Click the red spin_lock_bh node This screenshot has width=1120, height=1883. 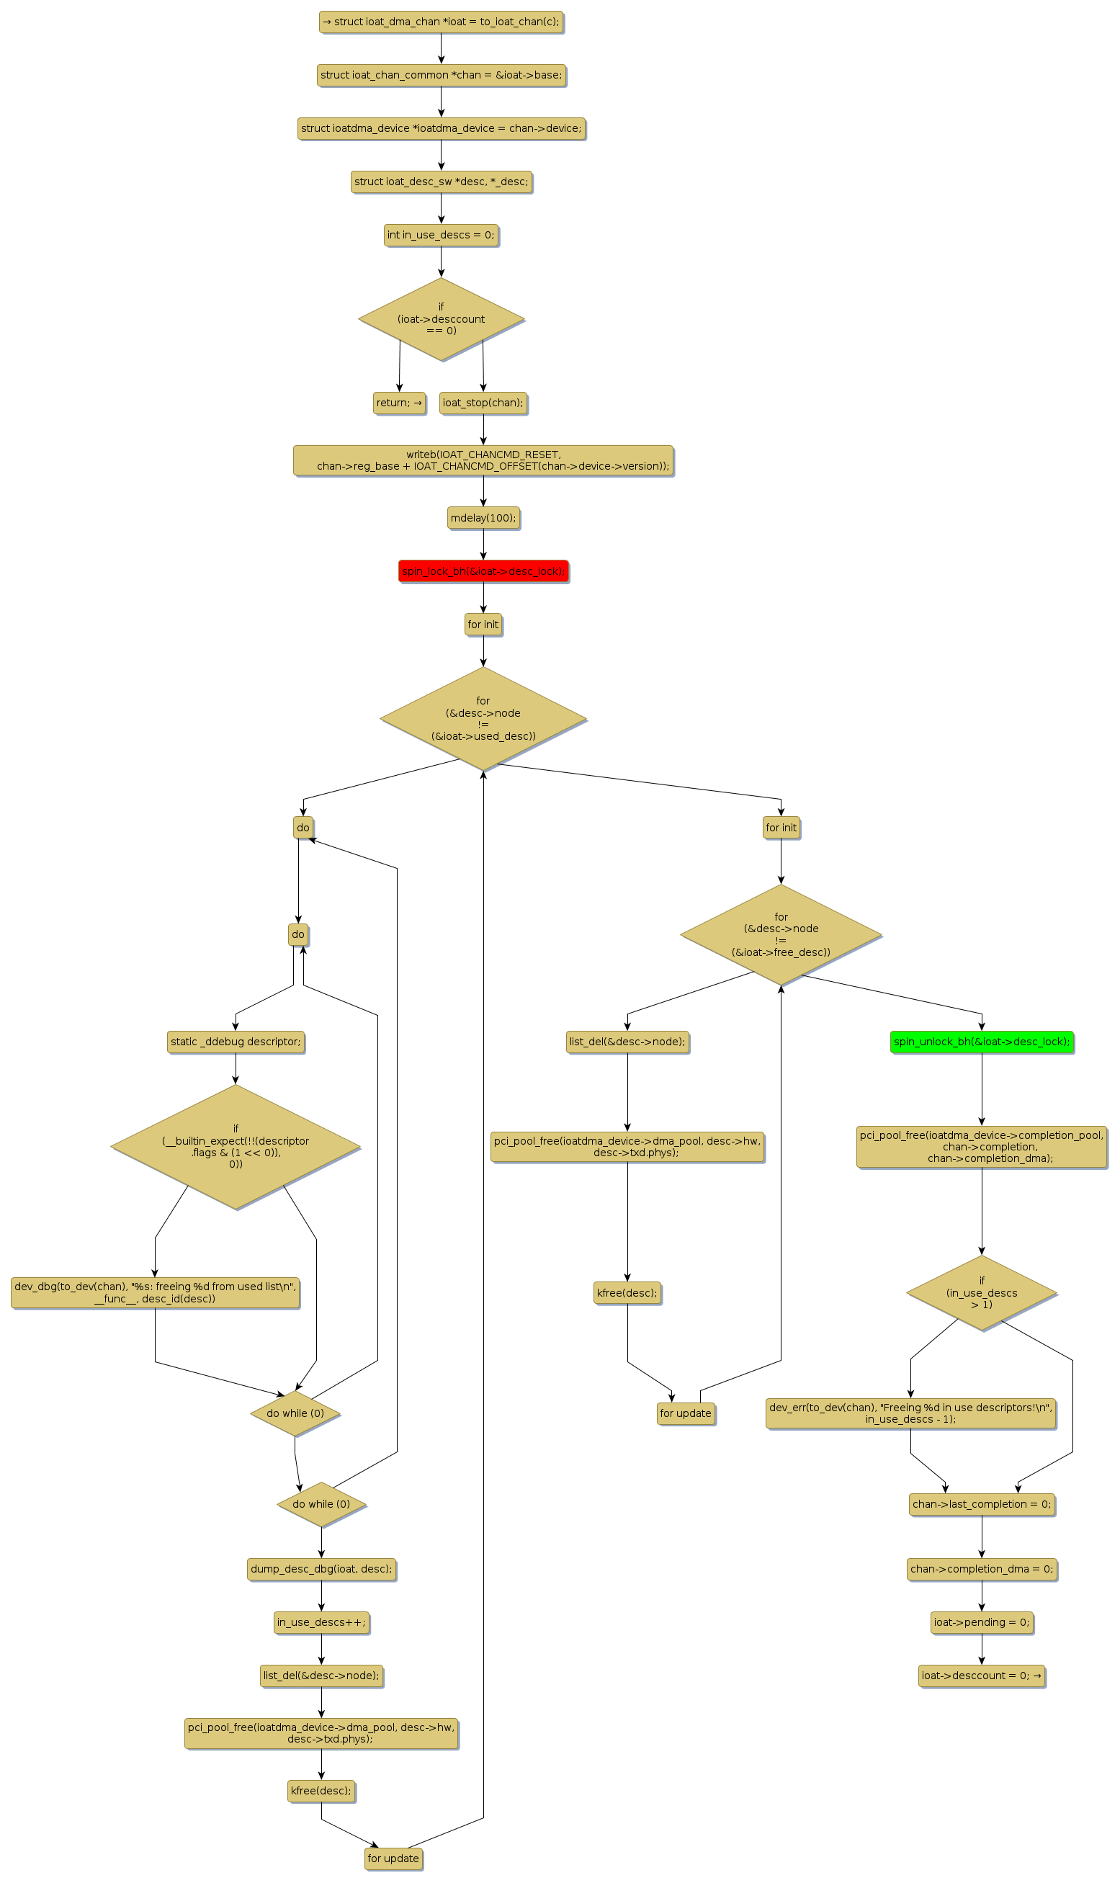483,571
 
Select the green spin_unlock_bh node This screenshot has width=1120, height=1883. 981,1042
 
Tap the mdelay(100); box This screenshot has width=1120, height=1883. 483,518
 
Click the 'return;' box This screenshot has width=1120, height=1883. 399,402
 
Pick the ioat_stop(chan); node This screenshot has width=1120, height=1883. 483,402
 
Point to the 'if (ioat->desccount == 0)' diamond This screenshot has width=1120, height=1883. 442,318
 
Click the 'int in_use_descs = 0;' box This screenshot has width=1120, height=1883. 442,235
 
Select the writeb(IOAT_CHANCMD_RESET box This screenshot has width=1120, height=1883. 483,460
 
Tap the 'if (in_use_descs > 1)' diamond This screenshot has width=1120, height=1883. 981,1292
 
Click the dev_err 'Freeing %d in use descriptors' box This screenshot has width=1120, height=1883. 910,1413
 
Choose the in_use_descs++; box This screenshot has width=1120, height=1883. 321,1622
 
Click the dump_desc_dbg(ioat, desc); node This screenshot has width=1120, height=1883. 321,1568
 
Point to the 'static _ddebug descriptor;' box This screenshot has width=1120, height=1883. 236,1042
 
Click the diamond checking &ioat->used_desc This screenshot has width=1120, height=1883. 483,718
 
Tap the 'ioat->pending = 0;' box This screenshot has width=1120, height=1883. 981,1622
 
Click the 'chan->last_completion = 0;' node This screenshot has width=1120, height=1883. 981,1503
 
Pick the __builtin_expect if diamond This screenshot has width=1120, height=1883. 236,1145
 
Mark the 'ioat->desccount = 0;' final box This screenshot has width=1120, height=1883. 981,1676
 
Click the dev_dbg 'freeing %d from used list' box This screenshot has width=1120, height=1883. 156,1292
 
